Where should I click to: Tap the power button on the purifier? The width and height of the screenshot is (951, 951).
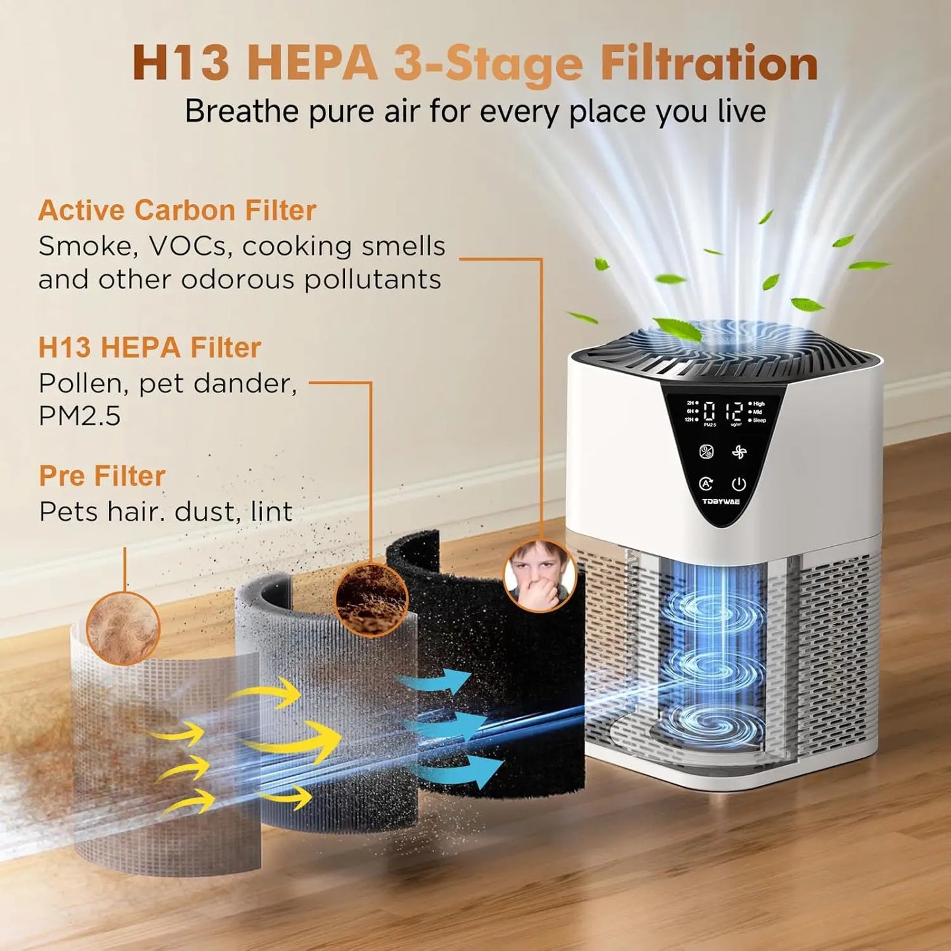pyautogui.click(x=739, y=484)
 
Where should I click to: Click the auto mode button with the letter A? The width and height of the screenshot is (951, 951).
pyautogui.click(x=706, y=484)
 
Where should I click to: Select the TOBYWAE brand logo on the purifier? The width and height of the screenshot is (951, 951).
pyautogui.click(x=721, y=501)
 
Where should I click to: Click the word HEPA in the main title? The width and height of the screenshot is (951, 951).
pyautogui.click(x=313, y=64)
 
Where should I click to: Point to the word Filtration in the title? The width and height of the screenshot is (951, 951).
pyautogui.click(x=709, y=64)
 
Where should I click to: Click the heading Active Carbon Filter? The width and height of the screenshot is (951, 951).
pyautogui.click(x=177, y=211)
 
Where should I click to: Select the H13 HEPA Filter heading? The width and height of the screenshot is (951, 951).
pyautogui.click(x=149, y=347)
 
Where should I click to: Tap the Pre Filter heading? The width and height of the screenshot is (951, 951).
pyautogui.click(x=102, y=476)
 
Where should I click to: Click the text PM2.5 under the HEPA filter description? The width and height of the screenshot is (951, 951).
pyautogui.click(x=80, y=416)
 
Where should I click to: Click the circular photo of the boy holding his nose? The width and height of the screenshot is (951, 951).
pyautogui.click(x=540, y=575)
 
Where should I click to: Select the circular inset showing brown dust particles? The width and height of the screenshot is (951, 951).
pyautogui.click(x=371, y=600)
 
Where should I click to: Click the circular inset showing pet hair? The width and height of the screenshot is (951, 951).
pyautogui.click(x=123, y=627)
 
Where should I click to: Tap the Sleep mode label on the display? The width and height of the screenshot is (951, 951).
pyautogui.click(x=759, y=420)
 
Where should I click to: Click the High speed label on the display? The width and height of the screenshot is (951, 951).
pyautogui.click(x=758, y=404)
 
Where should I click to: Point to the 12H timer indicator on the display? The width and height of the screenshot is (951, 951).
pyautogui.click(x=689, y=419)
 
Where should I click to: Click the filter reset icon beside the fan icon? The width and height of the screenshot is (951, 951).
pyautogui.click(x=706, y=452)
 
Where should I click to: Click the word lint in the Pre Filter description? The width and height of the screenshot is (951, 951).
pyautogui.click(x=271, y=512)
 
